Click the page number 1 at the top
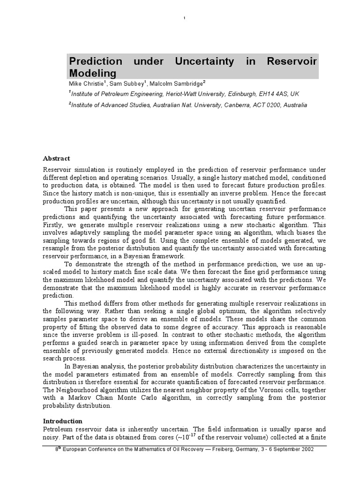[x=184, y=18]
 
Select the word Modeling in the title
[x=92, y=73]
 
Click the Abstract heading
[x=56, y=158]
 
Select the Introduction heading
[x=63, y=421]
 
